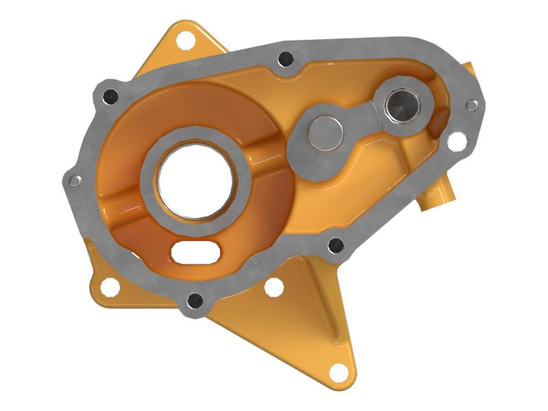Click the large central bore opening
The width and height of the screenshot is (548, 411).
point(196,182)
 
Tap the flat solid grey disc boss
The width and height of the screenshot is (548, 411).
point(325,133)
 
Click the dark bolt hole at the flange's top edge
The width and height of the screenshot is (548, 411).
point(286,59)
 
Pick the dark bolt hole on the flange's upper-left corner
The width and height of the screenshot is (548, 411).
point(108,97)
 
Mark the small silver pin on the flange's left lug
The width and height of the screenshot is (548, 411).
point(75,181)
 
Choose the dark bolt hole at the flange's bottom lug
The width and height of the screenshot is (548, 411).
point(195,300)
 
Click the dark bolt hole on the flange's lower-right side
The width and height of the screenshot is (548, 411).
point(335,245)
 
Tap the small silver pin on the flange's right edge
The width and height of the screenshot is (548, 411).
point(472,105)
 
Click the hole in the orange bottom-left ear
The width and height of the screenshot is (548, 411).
point(107,286)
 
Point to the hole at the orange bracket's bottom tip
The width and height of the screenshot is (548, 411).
point(338,372)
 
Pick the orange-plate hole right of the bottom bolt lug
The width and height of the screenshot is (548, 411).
point(273,288)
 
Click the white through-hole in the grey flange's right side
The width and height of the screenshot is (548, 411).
point(456,140)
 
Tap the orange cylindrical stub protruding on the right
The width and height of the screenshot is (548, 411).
point(438,199)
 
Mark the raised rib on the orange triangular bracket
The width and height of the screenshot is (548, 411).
point(322,301)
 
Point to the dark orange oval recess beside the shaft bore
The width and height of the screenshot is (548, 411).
point(436,123)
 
